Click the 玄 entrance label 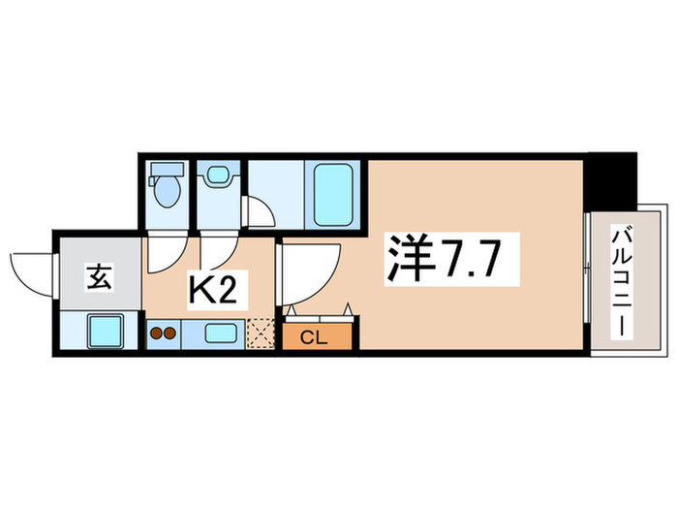pos(100,278)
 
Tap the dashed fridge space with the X pos(260,333)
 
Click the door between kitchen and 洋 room pos(309,270)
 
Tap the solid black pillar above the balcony pos(611,176)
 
